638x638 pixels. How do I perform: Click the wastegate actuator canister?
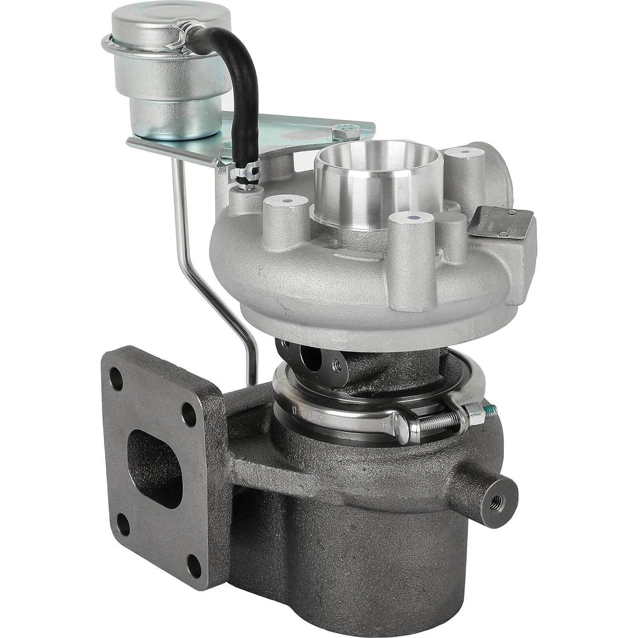point(166,72)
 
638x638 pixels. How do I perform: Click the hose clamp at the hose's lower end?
point(244,173)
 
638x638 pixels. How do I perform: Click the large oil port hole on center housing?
point(311,358)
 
